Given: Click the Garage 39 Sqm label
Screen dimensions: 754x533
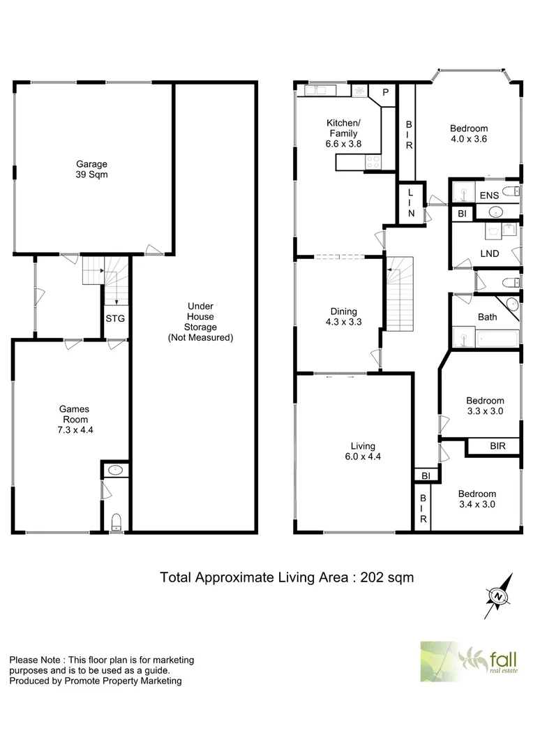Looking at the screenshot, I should pyautogui.click(x=92, y=170).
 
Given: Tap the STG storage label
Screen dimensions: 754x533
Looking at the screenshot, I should pyautogui.click(x=115, y=319).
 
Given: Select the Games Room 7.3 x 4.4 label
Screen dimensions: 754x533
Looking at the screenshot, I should pyautogui.click(x=73, y=420).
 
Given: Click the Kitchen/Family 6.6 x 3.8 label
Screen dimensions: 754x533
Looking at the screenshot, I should pyautogui.click(x=343, y=133).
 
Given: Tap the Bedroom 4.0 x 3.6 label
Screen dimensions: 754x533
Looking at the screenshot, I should pyautogui.click(x=468, y=133).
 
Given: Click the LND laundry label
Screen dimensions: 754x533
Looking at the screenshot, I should pyautogui.click(x=490, y=253).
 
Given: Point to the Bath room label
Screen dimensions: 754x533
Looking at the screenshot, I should pyautogui.click(x=487, y=317).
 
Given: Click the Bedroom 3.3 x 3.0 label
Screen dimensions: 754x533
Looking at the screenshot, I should pyautogui.click(x=485, y=406).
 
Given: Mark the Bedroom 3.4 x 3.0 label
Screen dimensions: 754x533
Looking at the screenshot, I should pyautogui.click(x=476, y=499).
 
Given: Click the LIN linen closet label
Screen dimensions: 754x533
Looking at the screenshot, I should pyautogui.click(x=411, y=202).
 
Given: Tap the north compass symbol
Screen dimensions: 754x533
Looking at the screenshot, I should pyautogui.click(x=498, y=596).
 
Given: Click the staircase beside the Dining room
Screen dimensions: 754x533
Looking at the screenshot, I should pyautogui.click(x=400, y=293).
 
